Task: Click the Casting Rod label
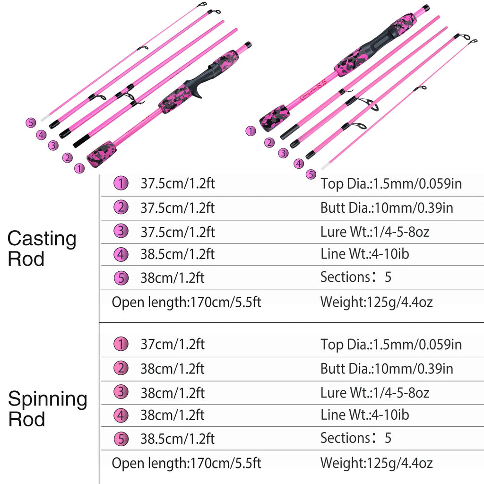click(42, 249)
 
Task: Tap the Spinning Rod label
click(47, 409)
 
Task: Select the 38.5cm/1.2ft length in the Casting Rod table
click(177, 254)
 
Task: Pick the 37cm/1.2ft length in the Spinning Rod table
click(172, 345)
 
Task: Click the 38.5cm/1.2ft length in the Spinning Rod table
click(177, 438)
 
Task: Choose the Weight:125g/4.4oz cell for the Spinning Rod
click(376, 462)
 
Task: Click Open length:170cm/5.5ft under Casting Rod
click(186, 302)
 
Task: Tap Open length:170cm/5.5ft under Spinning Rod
click(186, 462)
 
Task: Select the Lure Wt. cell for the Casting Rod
click(375, 232)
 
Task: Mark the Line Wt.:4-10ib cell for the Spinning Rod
click(364, 415)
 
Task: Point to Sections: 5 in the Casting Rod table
click(355, 277)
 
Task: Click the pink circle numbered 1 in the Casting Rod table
click(121, 184)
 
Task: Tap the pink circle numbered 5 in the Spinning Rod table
click(121, 439)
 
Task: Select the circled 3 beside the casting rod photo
click(52, 146)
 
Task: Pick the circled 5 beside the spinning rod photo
click(311, 174)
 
